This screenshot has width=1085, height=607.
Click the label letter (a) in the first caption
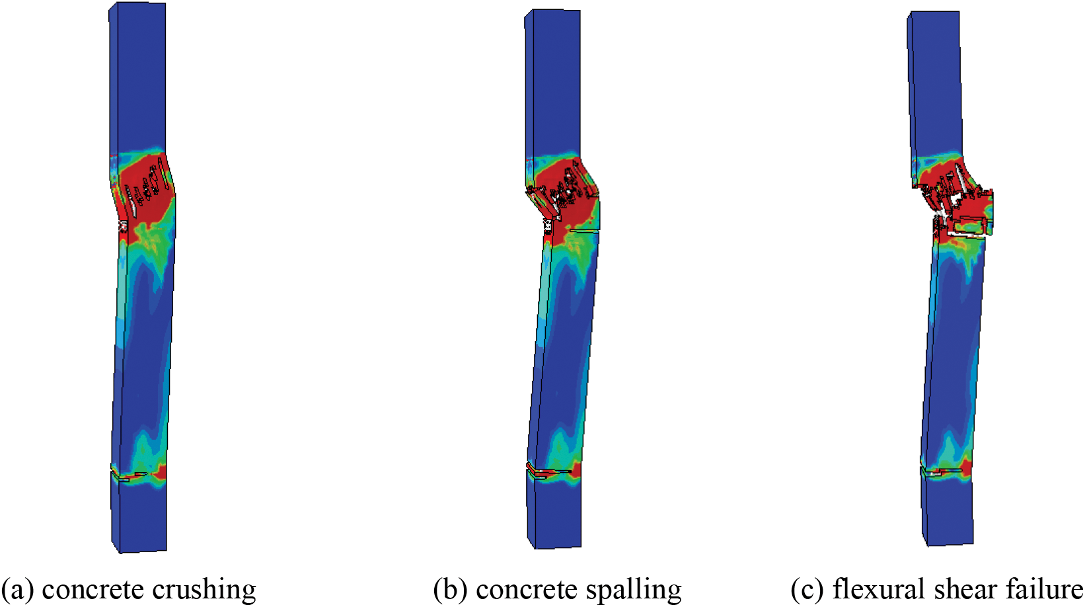19,590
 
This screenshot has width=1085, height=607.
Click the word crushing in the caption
204,590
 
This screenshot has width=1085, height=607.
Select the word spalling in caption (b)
633,590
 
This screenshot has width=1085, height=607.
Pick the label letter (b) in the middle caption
451,590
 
